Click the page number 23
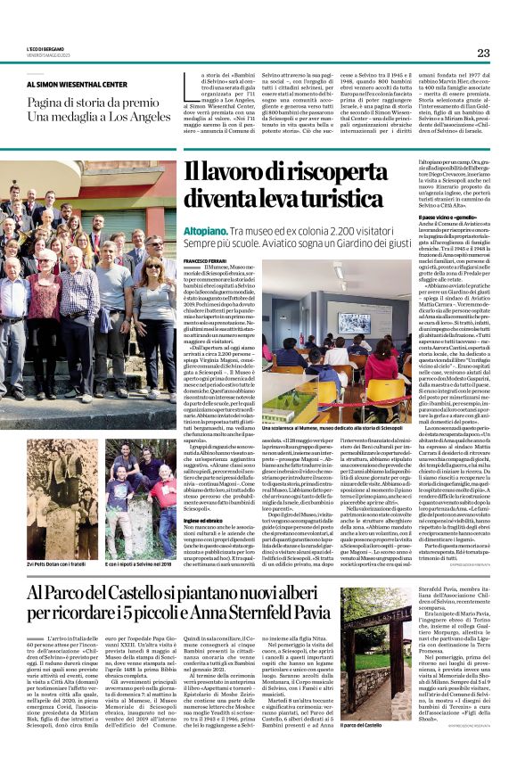click(x=482, y=53)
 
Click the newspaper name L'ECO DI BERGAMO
click(x=45, y=50)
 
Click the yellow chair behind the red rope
click(x=327, y=386)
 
